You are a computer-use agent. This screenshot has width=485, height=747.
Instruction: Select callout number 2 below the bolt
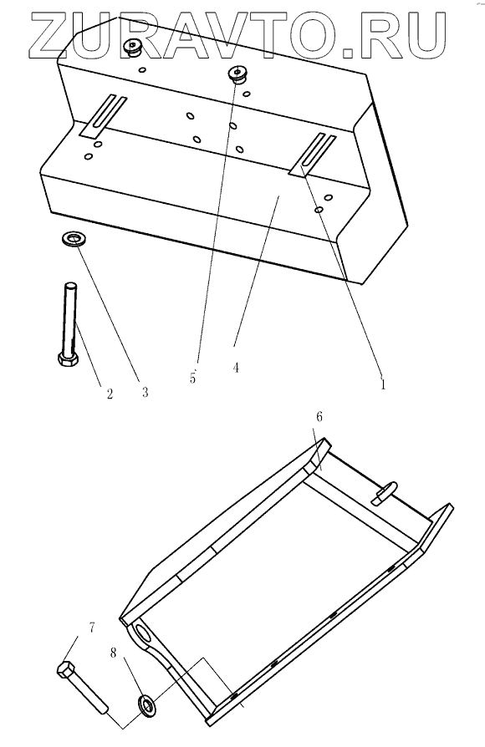click(110, 394)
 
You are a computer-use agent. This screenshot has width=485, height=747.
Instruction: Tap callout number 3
click(145, 392)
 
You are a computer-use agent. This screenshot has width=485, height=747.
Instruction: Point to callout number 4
click(236, 368)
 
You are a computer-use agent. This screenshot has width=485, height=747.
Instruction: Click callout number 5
click(192, 379)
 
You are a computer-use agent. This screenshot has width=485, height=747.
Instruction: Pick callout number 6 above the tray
click(319, 417)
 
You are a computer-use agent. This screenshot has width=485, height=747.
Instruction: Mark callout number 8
click(113, 653)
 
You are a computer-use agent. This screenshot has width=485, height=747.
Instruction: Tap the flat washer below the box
click(72, 238)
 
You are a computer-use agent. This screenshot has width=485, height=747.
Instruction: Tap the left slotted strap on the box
click(104, 117)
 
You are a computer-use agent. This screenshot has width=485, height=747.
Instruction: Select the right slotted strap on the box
click(313, 155)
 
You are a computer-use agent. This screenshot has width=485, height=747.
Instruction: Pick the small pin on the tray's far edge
click(385, 493)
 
